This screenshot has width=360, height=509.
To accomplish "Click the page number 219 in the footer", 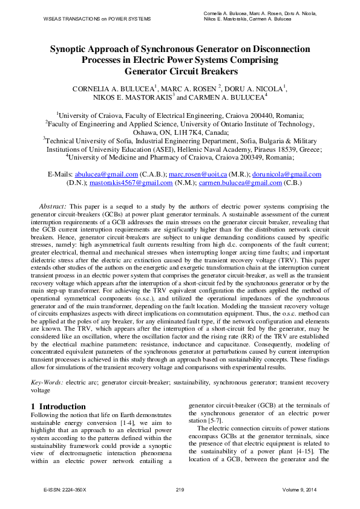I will [180, 488].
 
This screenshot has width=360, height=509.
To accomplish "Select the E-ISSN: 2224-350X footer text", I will [65, 488].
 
